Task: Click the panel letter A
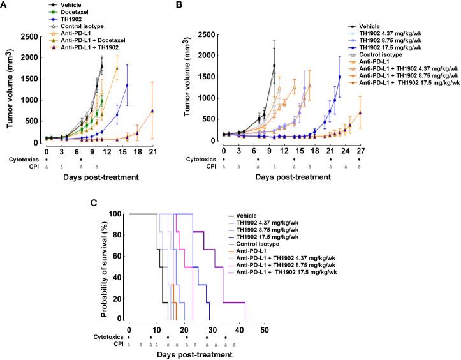click(x=6, y=6)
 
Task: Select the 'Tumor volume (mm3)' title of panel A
click(x=10, y=87)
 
